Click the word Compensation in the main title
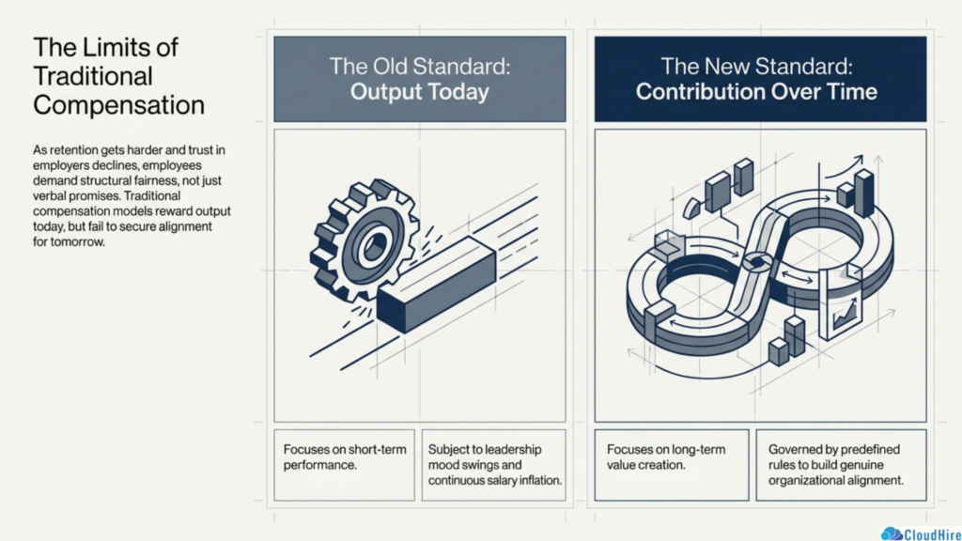pos(118,105)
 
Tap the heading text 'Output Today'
pos(420,92)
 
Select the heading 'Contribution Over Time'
pos(756,92)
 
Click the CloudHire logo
pos(921,533)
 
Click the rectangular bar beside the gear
pos(436,284)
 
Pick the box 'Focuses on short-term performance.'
pos(344,465)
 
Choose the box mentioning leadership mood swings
pos(494,465)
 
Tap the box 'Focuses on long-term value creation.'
pos(672,465)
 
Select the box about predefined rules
pos(841,465)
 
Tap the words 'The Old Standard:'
pos(420,67)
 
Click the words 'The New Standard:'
pos(756,67)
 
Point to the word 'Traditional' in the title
pos(93,77)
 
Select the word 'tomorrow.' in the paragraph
pos(69,241)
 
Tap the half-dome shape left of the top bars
pos(692,208)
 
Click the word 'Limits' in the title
pos(106,48)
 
